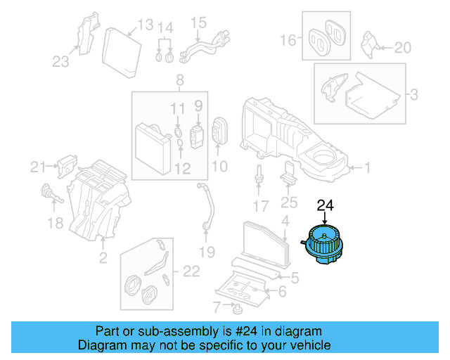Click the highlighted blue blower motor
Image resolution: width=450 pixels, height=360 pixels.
point(323,244)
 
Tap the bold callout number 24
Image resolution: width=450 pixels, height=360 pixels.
point(325,205)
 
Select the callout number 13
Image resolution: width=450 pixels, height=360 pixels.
point(146,25)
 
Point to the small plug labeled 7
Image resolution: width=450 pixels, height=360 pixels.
point(238,310)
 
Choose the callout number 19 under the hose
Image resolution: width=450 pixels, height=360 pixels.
point(207,252)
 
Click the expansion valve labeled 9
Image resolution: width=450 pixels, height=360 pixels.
point(197,137)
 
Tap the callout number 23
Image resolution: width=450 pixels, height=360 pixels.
point(60,62)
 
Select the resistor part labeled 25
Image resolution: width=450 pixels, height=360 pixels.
point(288,172)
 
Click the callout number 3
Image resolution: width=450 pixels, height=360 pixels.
point(414,94)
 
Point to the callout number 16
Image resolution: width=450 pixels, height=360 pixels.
point(288,40)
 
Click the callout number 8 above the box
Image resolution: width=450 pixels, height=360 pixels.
point(180,80)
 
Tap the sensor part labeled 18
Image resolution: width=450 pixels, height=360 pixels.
point(52,193)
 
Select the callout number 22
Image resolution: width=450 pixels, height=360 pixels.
point(191,271)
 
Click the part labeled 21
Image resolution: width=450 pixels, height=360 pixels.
point(67,166)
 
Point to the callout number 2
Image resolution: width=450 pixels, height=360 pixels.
point(103,258)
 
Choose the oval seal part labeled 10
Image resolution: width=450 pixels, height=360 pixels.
point(219,130)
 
